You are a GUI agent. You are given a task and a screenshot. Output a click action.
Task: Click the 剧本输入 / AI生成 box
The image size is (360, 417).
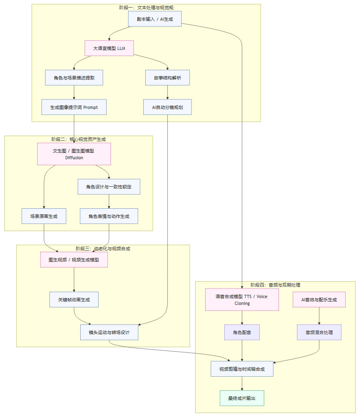[155, 19]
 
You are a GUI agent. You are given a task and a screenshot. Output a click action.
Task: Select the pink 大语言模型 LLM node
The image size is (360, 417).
[109, 48]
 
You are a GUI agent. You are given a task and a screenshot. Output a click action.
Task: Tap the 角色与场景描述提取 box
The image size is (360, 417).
[74, 78]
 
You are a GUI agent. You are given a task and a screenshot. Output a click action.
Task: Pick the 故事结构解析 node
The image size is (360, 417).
[167, 78]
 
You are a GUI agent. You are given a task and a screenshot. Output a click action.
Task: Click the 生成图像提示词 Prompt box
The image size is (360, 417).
[74, 107]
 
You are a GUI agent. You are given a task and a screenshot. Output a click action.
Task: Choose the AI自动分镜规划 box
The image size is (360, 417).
[167, 107]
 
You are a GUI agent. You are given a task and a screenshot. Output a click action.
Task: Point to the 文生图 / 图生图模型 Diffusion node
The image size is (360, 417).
[74, 154]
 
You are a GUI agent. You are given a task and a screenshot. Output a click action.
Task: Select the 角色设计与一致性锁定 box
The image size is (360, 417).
[109, 187]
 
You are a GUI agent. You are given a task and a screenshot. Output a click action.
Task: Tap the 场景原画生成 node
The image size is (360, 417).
[44, 216]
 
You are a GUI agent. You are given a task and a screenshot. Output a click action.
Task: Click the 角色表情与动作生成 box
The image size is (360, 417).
[109, 216]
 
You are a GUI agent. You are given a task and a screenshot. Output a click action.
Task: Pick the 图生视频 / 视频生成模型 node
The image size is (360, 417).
[74, 259]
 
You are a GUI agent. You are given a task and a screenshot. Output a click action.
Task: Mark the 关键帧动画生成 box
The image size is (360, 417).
[74, 300]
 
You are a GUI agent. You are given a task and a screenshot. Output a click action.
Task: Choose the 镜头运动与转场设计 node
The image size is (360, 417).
[109, 332]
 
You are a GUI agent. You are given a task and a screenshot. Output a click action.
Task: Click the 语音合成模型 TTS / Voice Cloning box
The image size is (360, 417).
[242, 300]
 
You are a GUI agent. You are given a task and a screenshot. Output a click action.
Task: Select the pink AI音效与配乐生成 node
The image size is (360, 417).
[319, 300]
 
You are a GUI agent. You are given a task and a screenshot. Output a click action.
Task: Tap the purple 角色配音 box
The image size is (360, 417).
[242, 332]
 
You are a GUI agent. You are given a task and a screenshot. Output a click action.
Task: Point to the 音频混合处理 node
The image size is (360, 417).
[319, 332]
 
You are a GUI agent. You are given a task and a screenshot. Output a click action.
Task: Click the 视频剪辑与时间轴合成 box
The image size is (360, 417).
[242, 369]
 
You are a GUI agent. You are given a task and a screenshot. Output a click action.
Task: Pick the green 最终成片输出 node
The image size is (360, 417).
[242, 398]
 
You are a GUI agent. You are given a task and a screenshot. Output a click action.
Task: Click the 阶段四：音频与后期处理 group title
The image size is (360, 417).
[275, 285]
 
